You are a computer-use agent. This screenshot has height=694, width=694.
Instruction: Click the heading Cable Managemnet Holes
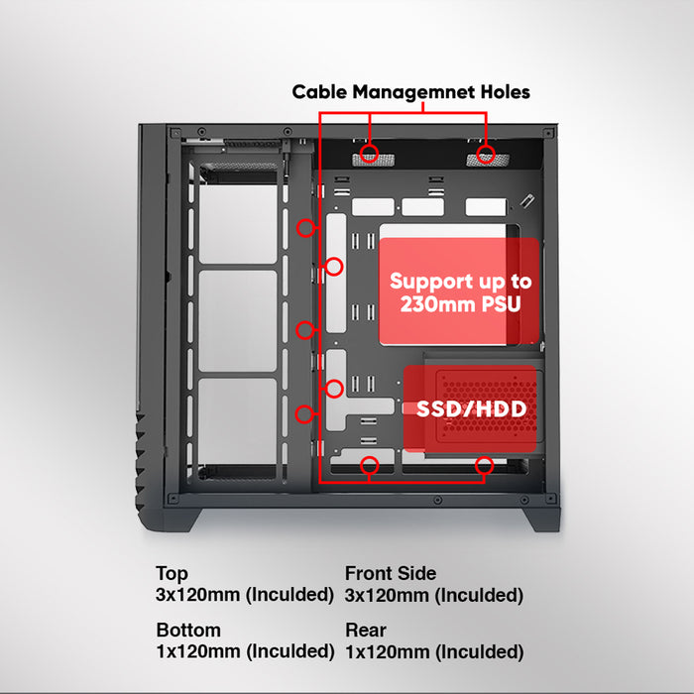pyautogui.click(x=410, y=92)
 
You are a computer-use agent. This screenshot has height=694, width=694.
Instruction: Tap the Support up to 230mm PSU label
pyautogui.click(x=459, y=293)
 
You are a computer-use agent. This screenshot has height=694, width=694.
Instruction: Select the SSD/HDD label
pyautogui.click(x=471, y=408)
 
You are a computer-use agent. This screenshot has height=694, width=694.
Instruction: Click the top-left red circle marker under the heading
pyautogui.click(x=370, y=154)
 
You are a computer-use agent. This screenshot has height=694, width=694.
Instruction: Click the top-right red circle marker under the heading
pyautogui.click(x=486, y=154)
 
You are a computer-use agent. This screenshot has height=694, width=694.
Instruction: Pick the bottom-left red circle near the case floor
pyautogui.click(x=370, y=463)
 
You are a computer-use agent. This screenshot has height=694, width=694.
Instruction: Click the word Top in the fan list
pyautogui.click(x=172, y=574)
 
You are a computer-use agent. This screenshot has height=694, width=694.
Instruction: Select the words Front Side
pyautogui.click(x=390, y=574)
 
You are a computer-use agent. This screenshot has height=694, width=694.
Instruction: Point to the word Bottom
pyautogui.click(x=188, y=631)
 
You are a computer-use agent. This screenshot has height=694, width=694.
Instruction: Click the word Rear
pyautogui.click(x=365, y=631)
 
